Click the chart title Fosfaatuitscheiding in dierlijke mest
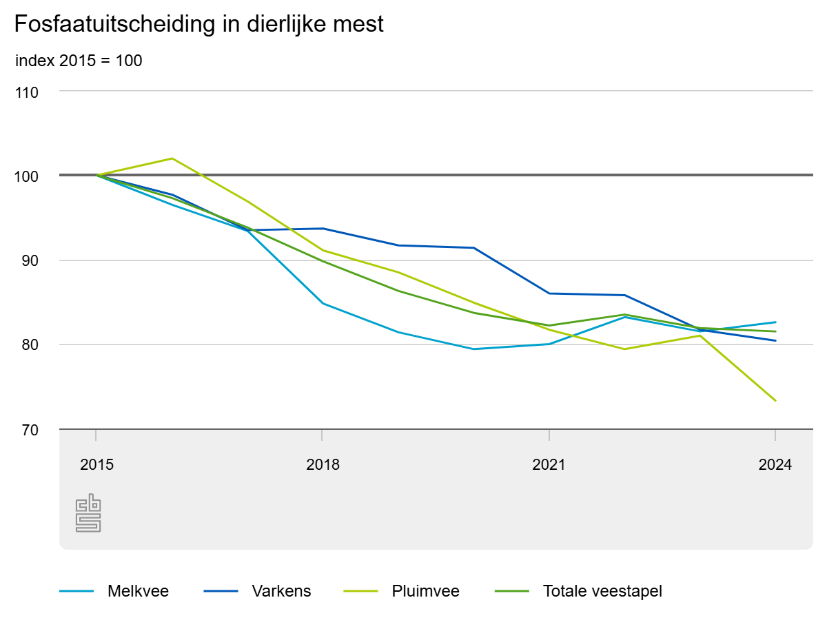pos(198,25)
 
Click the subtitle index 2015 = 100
pos(79,61)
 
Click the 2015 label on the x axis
pos(96,465)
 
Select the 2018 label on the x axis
pos(323,465)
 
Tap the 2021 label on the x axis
pos(549,465)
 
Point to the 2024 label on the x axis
pos(775,465)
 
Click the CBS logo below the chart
pos(88,513)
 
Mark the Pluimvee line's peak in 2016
pos(172,158)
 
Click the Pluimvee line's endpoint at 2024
pos(775,400)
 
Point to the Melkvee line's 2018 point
pos(323,303)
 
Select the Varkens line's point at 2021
pos(549,293)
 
